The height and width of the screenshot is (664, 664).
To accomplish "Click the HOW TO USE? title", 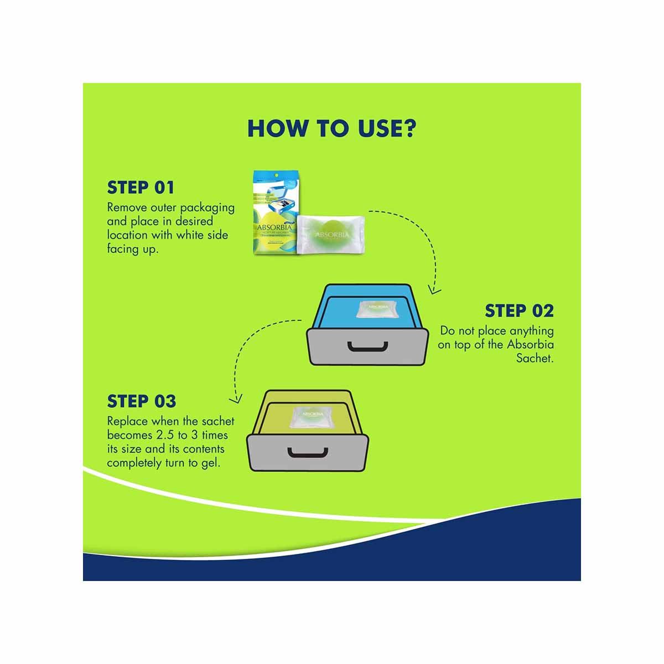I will [x=331, y=127].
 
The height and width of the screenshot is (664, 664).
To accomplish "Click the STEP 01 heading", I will [x=141, y=188].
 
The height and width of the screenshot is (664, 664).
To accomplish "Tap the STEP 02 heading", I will [x=519, y=311].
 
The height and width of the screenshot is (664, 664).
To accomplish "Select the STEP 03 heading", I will [x=142, y=401].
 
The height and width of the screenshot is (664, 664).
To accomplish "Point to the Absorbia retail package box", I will [x=273, y=216].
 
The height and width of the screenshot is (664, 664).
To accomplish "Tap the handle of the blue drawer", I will [x=367, y=346].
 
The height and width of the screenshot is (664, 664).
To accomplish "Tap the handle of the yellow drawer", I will [x=307, y=452].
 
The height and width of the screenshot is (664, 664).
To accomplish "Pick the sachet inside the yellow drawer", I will [x=307, y=416].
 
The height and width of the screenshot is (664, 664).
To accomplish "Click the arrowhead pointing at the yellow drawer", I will [x=237, y=397].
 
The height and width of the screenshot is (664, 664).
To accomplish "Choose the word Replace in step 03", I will [x=127, y=421].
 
